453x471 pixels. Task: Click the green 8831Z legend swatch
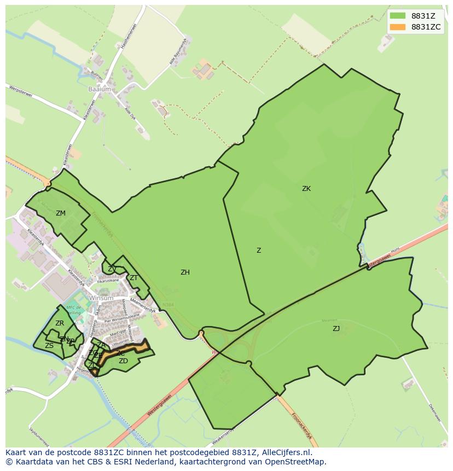point(398,16)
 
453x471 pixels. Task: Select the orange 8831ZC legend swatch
point(398,27)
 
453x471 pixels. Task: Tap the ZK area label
point(306,189)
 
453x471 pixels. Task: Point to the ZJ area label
point(336,329)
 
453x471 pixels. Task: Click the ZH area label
point(185,272)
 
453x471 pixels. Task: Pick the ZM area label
point(61,213)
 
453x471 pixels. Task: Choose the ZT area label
point(133,278)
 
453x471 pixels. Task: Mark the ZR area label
point(60,323)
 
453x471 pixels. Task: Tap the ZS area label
point(49,346)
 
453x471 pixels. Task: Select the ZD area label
point(123,361)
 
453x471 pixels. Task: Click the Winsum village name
point(101,298)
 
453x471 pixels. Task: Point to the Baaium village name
point(100,89)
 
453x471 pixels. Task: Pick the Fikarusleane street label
point(108,281)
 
